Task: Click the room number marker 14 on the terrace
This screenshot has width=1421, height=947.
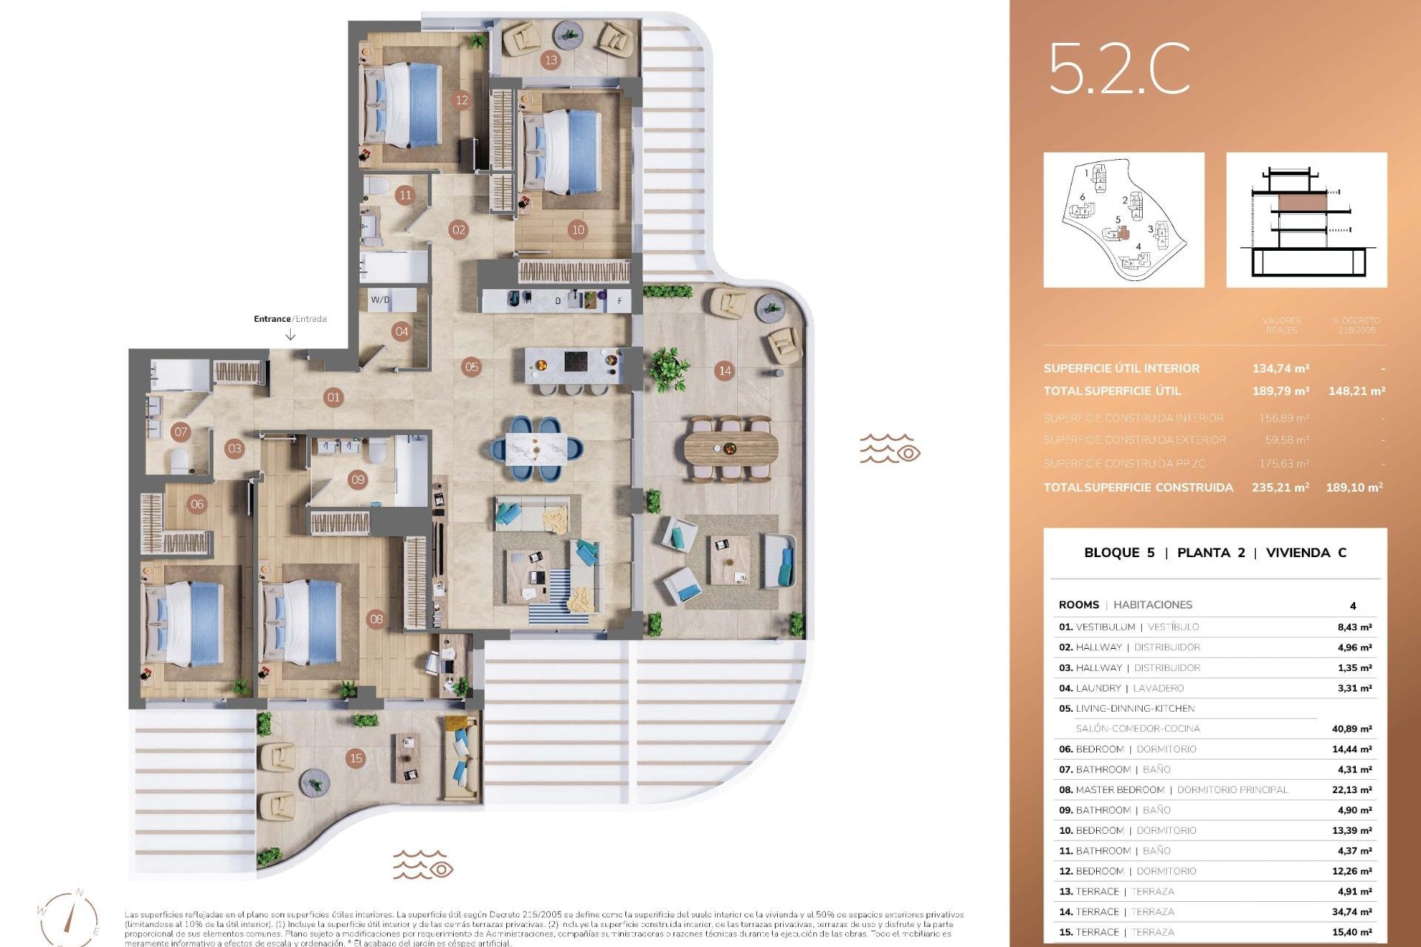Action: [725, 371]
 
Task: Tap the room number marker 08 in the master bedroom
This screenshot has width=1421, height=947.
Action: [376, 619]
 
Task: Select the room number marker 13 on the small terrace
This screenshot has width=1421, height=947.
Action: [550, 60]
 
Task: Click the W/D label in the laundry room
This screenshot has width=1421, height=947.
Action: [380, 300]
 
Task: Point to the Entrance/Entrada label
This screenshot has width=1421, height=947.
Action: [290, 319]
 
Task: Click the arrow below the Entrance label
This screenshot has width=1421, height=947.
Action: [290, 335]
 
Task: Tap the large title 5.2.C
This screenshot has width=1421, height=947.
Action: [1118, 69]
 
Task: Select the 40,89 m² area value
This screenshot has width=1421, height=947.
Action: [1351, 729]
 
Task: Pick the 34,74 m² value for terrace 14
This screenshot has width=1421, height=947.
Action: [1351, 912]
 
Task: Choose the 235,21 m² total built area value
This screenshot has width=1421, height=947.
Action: [1280, 488]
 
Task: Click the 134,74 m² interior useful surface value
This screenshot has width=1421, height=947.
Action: [1280, 368]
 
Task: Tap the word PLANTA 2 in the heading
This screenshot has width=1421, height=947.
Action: [1211, 553]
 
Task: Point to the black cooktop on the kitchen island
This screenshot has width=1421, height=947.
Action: [577, 361]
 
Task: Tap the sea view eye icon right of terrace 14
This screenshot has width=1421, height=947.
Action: [890, 448]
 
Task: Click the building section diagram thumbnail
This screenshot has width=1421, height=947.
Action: [1306, 220]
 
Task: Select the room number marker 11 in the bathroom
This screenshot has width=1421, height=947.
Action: [404, 195]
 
